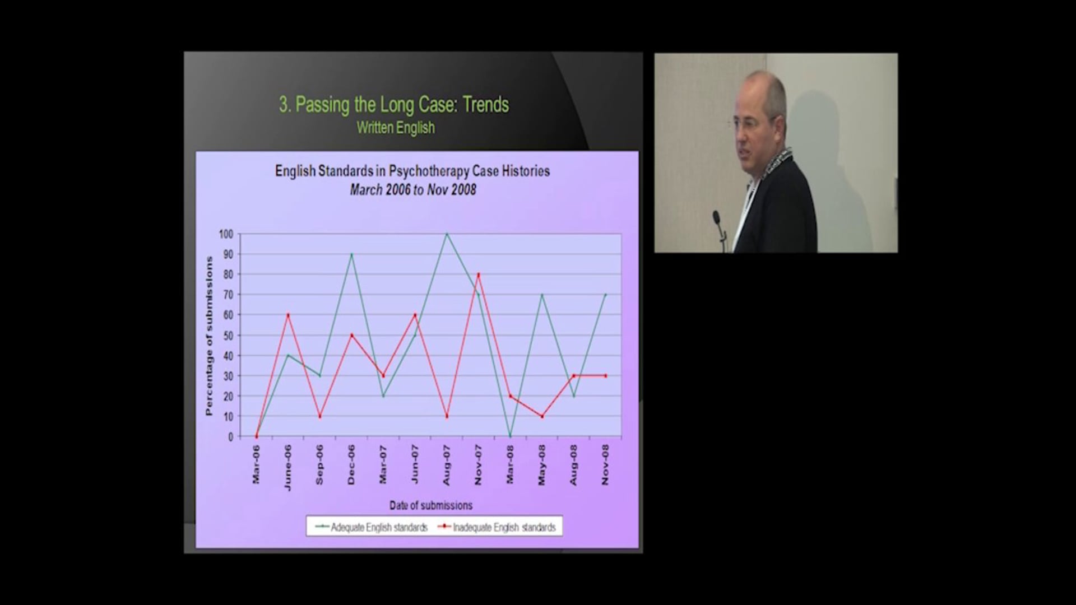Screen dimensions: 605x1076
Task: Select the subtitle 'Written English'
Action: point(396,128)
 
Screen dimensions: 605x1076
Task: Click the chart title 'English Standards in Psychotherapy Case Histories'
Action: point(412,171)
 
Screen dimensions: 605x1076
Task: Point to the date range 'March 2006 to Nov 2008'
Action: point(413,190)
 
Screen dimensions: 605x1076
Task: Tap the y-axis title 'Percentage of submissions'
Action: point(210,336)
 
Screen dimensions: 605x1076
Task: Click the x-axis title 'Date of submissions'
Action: point(430,505)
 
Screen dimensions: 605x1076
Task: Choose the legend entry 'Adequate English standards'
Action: point(372,527)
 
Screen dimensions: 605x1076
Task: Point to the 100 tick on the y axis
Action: point(226,234)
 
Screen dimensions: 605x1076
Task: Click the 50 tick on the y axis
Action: point(228,335)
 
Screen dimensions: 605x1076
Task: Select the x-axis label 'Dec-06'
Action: point(351,464)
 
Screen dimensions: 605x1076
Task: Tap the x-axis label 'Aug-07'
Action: point(447,465)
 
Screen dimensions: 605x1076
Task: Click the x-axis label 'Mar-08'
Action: point(510,464)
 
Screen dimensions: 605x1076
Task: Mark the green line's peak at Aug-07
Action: point(447,234)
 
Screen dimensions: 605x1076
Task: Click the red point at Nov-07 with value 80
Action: point(479,274)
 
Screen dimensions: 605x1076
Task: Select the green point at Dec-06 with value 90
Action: point(351,254)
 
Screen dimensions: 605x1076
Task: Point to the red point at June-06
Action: point(288,315)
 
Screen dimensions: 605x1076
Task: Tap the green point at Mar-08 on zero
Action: point(510,436)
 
